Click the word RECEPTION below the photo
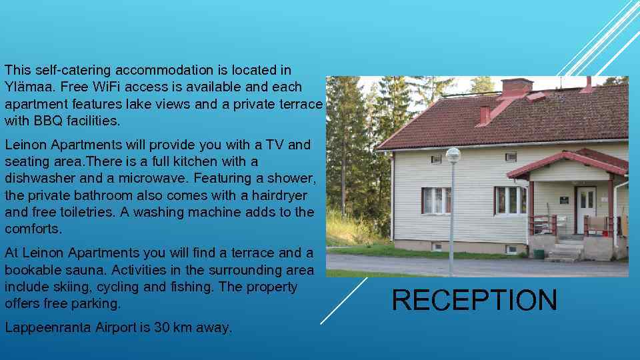(474, 300)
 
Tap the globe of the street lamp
(453, 155)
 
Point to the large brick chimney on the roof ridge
(517, 86)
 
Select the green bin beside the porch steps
(538, 253)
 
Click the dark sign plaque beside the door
(564, 199)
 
